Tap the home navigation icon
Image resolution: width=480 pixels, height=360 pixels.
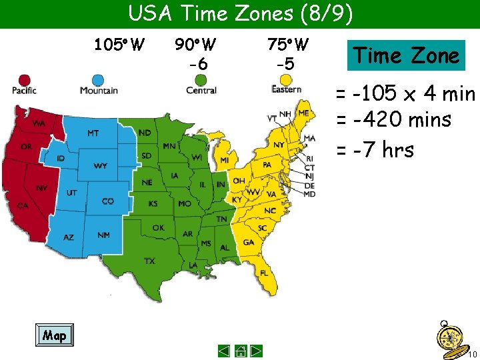click(x=240, y=351)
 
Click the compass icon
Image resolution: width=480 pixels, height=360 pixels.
click(x=448, y=335)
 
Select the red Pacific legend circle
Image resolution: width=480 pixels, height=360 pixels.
click(x=24, y=80)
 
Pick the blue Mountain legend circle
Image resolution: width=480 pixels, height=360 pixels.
click(x=99, y=79)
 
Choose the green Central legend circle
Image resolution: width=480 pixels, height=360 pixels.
click(x=201, y=79)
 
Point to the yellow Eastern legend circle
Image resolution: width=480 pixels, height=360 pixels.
click(x=286, y=79)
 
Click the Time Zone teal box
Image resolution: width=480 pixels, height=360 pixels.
click(x=406, y=55)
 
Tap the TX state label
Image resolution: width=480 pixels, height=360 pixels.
click(x=149, y=261)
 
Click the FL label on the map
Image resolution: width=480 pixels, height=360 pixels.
click(x=264, y=273)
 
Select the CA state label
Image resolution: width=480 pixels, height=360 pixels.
click(x=23, y=205)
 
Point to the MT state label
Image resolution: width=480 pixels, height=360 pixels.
click(x=93, y=133)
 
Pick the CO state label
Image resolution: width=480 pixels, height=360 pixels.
click(x=108, y=201)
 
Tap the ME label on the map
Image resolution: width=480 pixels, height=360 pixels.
click(x=303, y=113)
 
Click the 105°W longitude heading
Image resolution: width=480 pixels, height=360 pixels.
click(x=119, y=45)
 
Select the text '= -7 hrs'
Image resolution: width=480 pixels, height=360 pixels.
click(x=375, y=150)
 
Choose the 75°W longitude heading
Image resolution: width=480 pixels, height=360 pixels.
click(x=287, y=45)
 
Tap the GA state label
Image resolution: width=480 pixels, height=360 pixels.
click(x=248, y=243)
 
